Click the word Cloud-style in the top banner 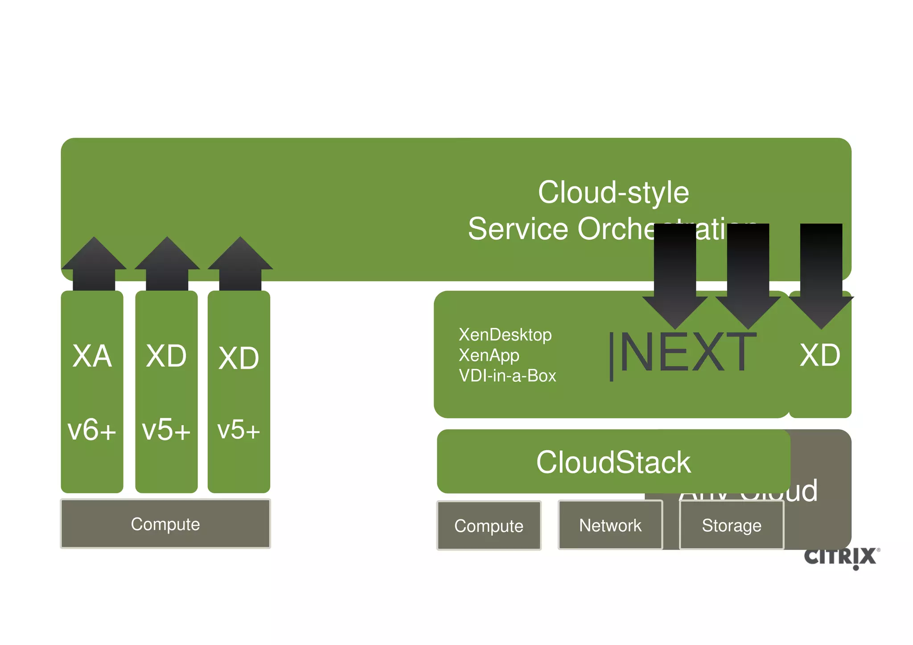tap(613, 193)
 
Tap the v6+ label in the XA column tap(92, 430)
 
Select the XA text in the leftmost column tap(92, 356)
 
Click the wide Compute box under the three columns tap(165, 524)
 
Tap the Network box tap(610, 526)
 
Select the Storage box tap(732, 526)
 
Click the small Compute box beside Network tap(489, 526)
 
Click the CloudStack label tap(613, 462)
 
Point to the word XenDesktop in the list tap(505, 335)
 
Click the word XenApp tap(489, 355)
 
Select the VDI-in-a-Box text tap(507, 376)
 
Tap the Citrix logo tap(841, 557)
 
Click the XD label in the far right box tap(820, 355)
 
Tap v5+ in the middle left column tap(166, 430)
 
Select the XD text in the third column tap(239, 358)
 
